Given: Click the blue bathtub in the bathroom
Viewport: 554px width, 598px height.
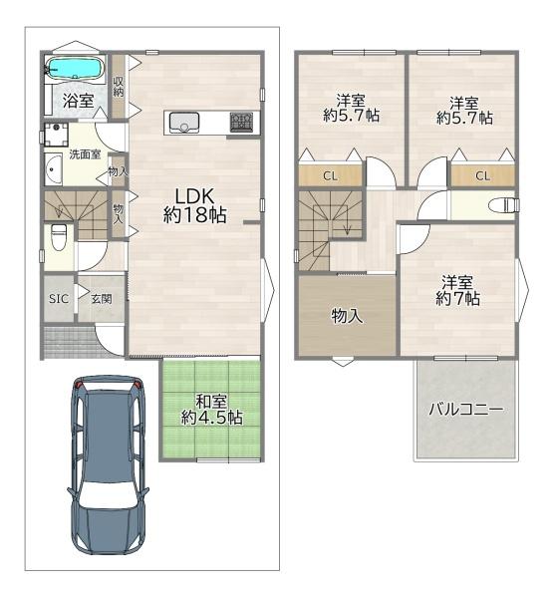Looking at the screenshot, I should pos(74,70).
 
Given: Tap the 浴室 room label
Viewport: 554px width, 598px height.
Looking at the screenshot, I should pos(78,101).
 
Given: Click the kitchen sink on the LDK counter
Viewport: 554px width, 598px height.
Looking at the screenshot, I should pos(184,122).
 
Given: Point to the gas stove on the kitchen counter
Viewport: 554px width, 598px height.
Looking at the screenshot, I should pos(241,122).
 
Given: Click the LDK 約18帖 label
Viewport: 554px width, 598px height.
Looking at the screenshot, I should pos(195,204).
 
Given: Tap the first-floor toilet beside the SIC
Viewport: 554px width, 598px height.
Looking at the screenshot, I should pos(59,239).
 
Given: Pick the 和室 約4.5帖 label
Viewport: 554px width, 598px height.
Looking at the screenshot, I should pos(212,410).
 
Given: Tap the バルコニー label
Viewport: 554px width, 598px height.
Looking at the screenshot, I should pos(465,409).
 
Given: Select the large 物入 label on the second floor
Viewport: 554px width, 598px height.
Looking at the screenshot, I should pos(346,316).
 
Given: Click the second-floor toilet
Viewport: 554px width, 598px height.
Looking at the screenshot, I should pos(504,205).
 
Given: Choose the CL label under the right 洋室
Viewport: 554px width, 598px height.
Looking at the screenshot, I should pos(482,176).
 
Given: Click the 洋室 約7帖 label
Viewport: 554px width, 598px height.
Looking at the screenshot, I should pos(457,290).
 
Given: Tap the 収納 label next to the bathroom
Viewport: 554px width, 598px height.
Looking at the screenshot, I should pos(118,86).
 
